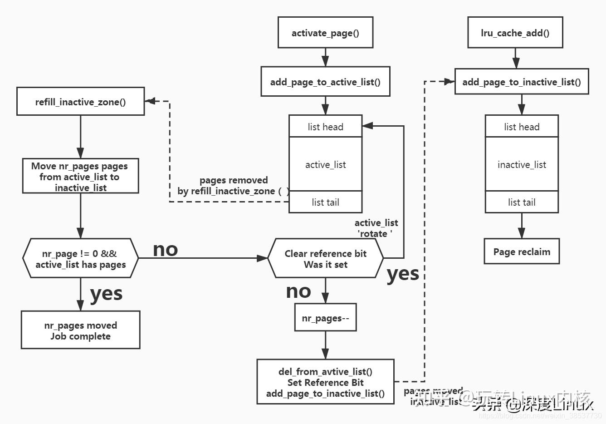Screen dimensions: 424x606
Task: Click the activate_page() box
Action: [x=325, y=33]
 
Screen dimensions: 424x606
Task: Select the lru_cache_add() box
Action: [x=515, y=33]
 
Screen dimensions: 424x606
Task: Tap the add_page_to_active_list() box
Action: [x=325, y=82]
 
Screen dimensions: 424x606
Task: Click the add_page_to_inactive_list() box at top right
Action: [x=521, y=82]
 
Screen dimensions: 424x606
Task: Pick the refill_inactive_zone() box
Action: [x=80, y=102]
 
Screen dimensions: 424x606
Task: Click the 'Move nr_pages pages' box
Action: [x=80, y=177]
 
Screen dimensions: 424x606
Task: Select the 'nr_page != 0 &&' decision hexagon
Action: [x=80, y=259]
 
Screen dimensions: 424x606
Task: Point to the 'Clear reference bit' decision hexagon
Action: [x=325, y=259]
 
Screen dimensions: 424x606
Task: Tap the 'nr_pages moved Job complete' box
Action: [x=80, y=330]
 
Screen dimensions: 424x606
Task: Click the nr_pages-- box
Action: [x=325, y=318]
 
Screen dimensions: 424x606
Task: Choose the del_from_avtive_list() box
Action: [x=325, y=382]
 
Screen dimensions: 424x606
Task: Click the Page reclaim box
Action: [x=522, y=251]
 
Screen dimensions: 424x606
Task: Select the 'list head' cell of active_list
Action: [x=325, y=127]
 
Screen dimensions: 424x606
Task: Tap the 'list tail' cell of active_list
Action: [x=325, y=202]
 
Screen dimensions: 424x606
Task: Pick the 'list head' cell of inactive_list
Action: [x=522, y=127]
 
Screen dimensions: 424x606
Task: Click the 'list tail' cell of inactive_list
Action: [x=522, y=202]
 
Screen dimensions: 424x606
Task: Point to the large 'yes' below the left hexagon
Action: [x=106, y=293]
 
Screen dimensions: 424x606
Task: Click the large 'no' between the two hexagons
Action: [x=165, y=249]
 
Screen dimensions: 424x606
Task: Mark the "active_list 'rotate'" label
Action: [x=376, y=228]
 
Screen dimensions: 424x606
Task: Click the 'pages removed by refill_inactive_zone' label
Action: [x=233, y=186]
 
